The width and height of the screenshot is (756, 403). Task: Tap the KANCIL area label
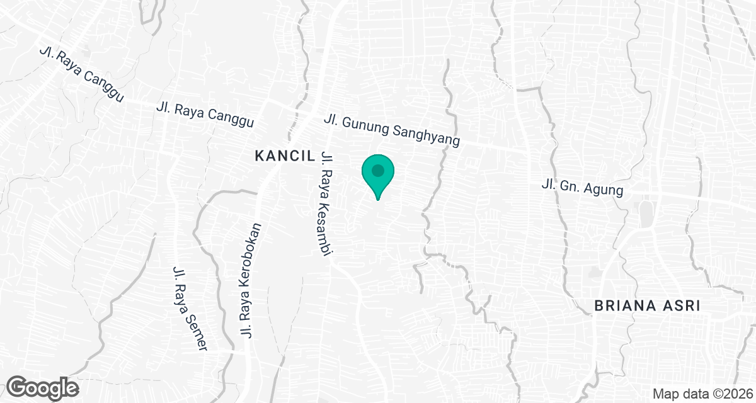pos(280,156)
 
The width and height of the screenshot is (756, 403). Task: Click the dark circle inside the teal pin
pos(377,171)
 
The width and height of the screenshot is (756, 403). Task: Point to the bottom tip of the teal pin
pos(377,200)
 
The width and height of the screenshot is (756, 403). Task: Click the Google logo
pos(43,387)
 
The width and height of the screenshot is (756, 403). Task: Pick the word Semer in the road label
pos(196,333)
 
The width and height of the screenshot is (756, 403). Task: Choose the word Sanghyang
pos(426,133)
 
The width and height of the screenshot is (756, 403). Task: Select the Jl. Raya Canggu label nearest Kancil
pos(205,115)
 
